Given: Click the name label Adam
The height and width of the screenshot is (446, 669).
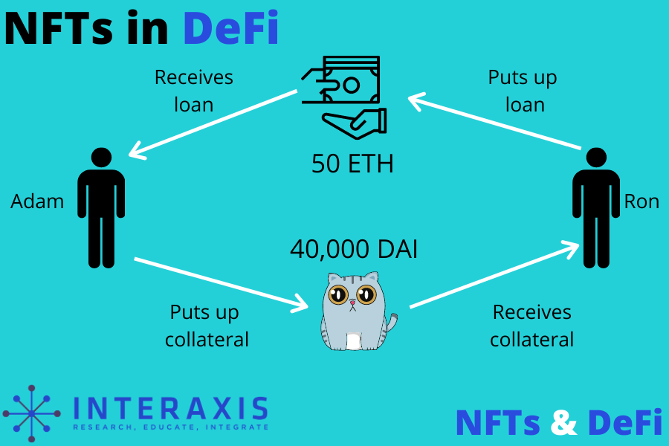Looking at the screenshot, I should (37, 201).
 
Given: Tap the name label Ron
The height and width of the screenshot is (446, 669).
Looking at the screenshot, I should (641, 201).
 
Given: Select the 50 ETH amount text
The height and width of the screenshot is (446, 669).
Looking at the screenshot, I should (352, 163).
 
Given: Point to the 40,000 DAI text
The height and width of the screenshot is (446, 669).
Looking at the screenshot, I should (353, 249).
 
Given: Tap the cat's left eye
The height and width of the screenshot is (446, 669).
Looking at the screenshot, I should (339, 294).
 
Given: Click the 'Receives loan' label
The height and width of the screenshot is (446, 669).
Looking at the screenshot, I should (193, 90).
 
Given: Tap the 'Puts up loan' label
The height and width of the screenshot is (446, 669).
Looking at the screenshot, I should (523, 90).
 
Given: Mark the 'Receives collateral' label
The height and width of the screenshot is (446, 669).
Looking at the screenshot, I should (531, 326).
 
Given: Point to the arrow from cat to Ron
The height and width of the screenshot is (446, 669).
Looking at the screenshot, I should (494, 275).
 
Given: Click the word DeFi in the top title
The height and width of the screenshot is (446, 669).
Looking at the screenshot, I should (230, 28).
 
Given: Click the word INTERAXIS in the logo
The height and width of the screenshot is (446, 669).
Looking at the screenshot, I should (171, 409).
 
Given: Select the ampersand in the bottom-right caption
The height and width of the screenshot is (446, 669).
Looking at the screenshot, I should (564, 422).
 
